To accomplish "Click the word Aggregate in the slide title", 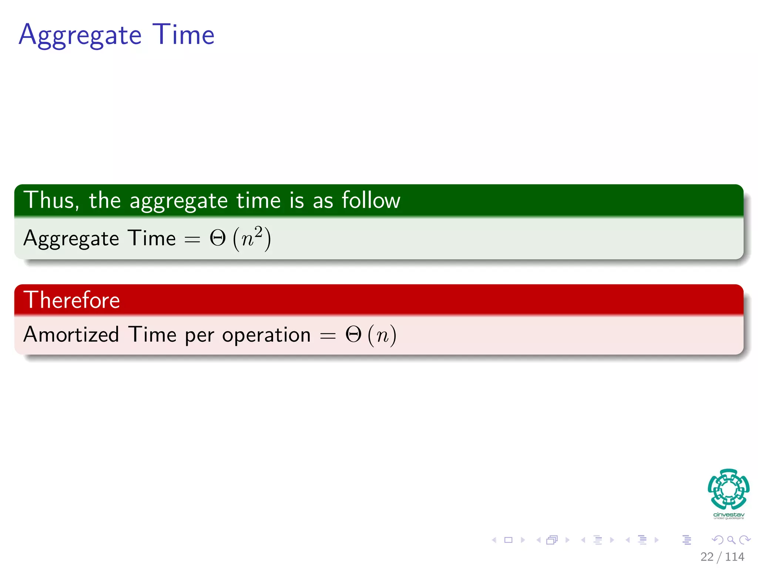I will (x=80, y=35).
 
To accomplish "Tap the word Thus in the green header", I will (x=51, y=200).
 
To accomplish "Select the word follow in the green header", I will (x=370, y=200).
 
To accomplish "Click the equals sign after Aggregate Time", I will (x=192, y=240).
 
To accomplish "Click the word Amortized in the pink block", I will (x=71, y=334).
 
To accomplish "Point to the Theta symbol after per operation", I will (x=353, y=335).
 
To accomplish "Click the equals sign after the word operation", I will (x=328, y=336).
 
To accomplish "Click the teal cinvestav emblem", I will (x=728, y=489).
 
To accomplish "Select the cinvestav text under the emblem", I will (x=728, y=515).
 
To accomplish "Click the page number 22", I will (x=707, y=557).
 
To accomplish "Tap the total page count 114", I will (x=734, y=557).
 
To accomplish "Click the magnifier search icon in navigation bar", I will (x=731, y=540).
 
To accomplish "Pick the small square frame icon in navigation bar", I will (x=509, y=540).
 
